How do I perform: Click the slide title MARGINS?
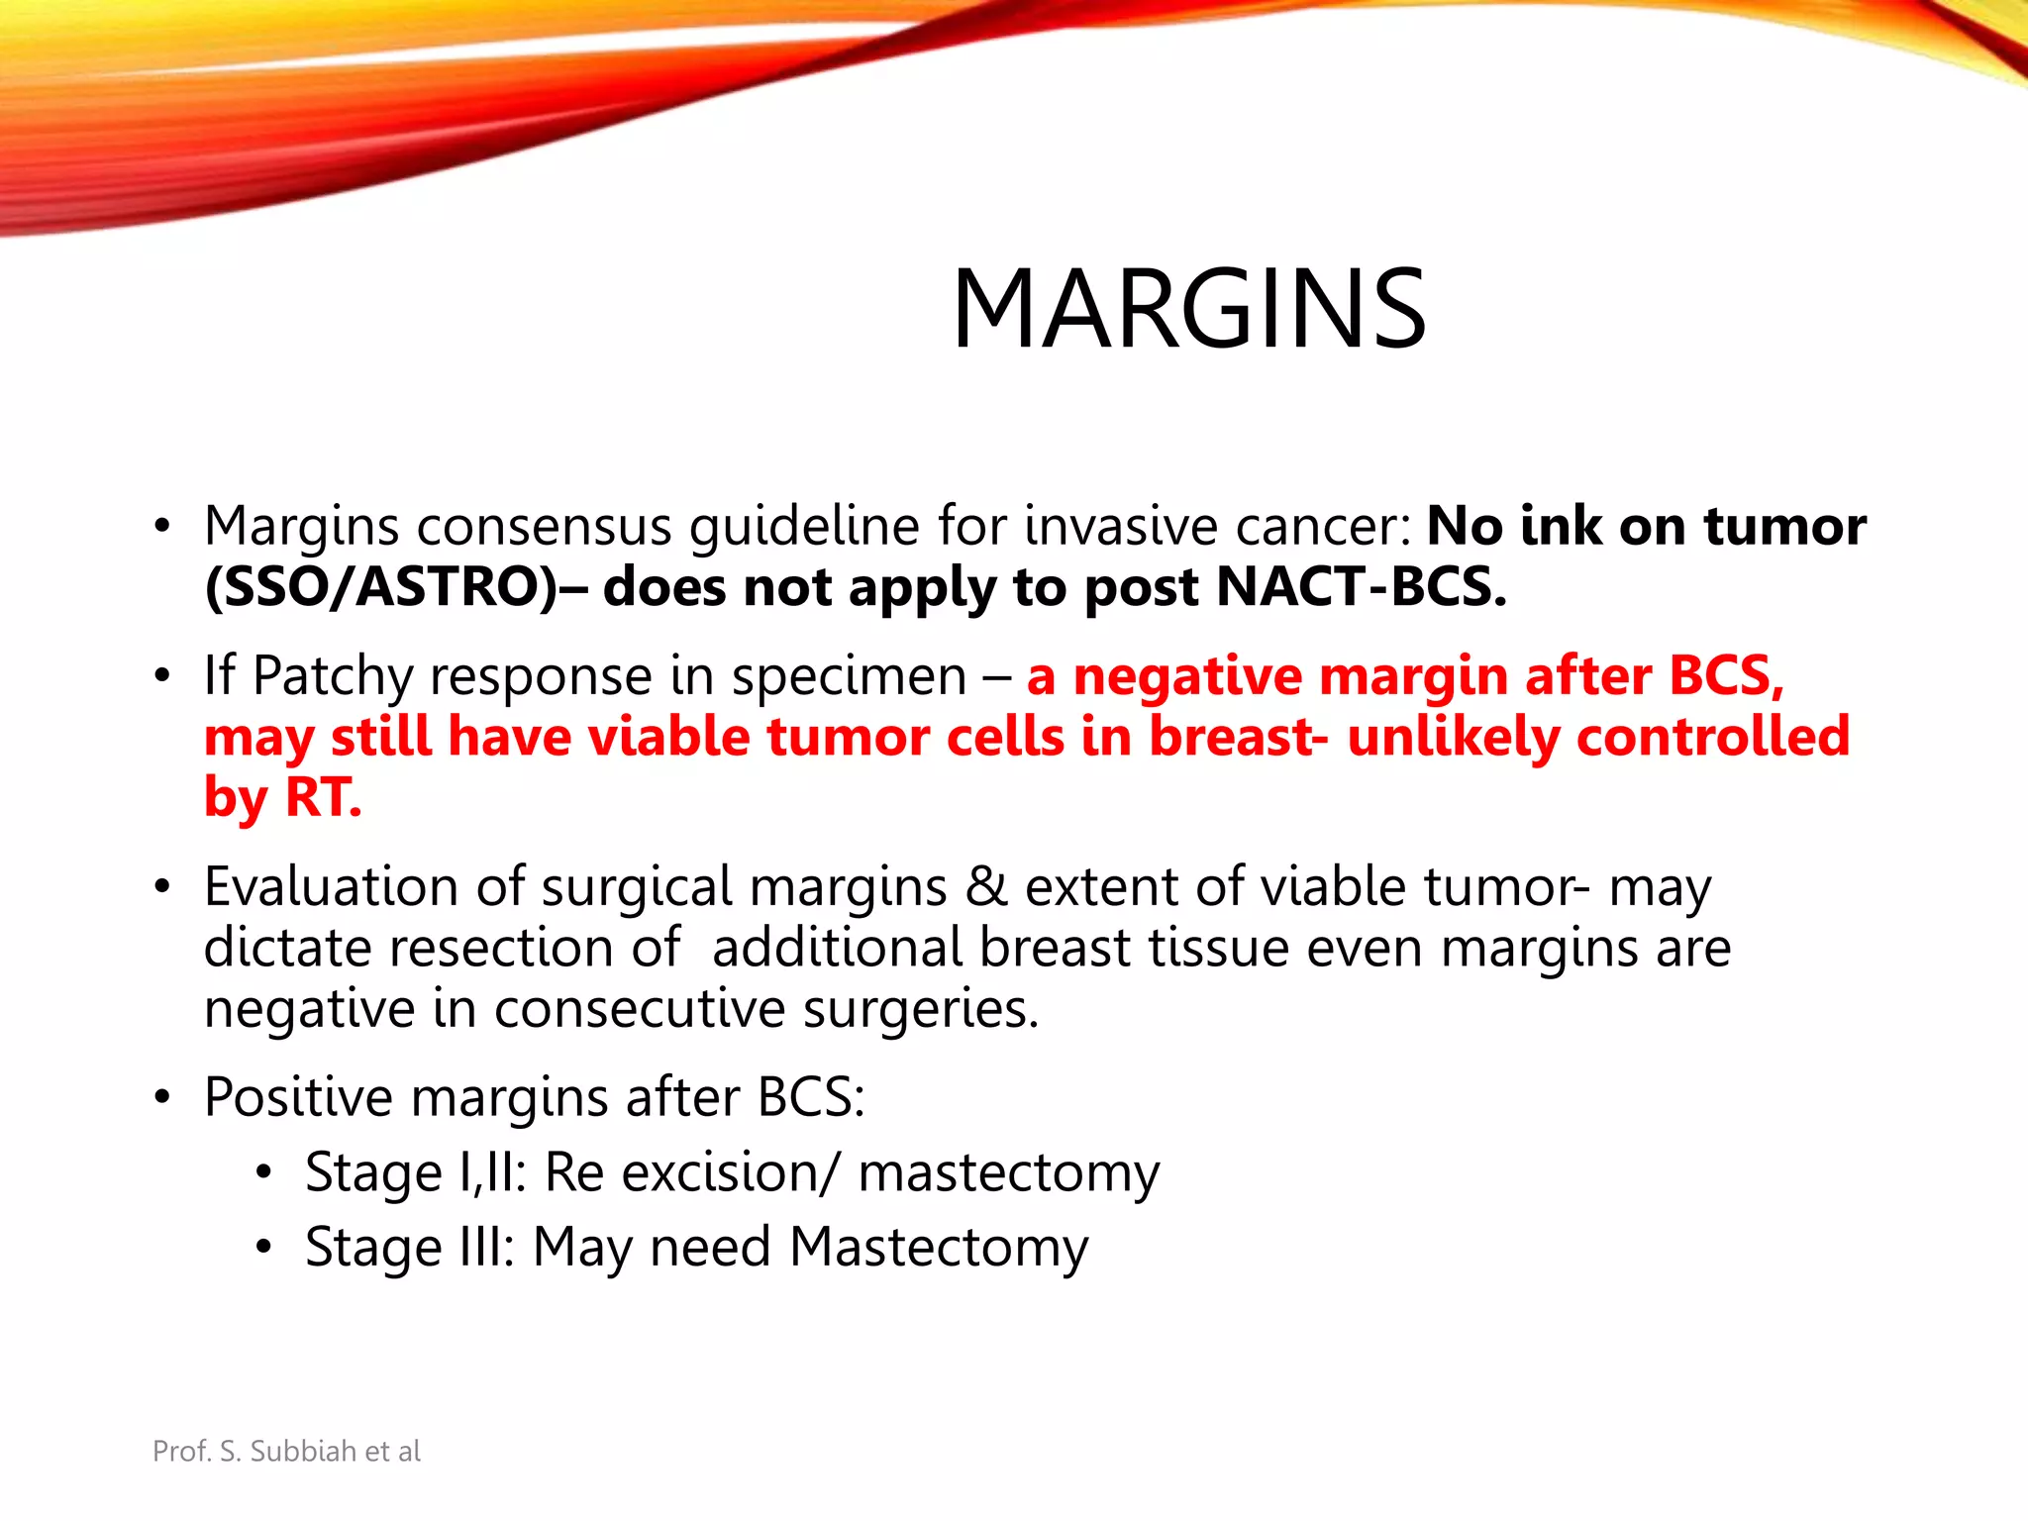coord(1188,309)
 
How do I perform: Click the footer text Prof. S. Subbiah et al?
coord(286,1451)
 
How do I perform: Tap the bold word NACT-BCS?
coord(1361,587)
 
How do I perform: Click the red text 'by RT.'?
coord(283,797)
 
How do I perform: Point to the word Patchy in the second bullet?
coord(333,676)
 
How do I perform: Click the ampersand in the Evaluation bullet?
coord(985,886)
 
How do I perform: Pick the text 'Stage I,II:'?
coord(415,1172)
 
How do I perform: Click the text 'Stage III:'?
coord(409,1247)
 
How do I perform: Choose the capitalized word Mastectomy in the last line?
coord(939,1247)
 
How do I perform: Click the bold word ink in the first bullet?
coord(1561,526)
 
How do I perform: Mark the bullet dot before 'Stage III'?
coord(262,1248)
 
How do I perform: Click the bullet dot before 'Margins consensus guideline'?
coord(162,527)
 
